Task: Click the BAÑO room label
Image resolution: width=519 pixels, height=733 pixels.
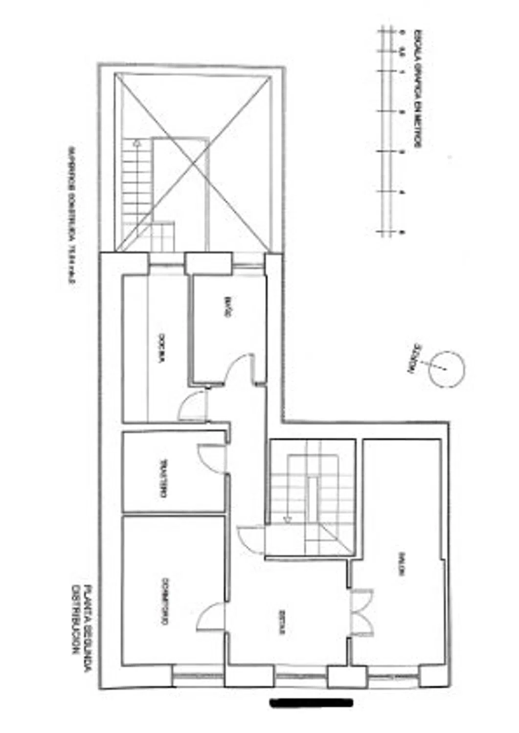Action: [x=226, y=307]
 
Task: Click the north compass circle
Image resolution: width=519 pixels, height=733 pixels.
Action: [x=446, y=369]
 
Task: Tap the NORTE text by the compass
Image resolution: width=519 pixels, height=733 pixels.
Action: [x=416, y=358]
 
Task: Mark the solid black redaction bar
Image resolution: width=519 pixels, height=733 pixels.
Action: [x=312, y=703]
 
